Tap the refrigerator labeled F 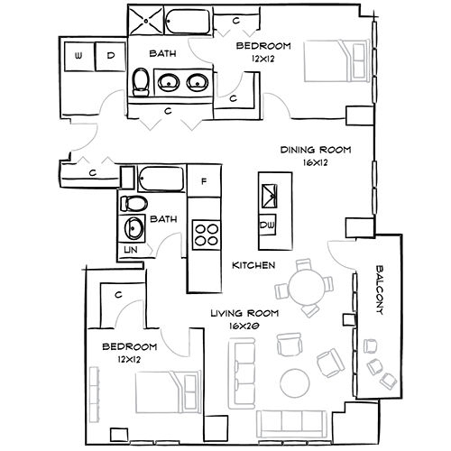click(x=204, y=181)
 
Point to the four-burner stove click(x=207, y=234)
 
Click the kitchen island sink click(x=268, y=193)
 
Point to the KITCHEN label click(x=247, y=265)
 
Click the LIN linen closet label click(x=131, y=248)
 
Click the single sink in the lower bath click(x=133, y=226)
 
